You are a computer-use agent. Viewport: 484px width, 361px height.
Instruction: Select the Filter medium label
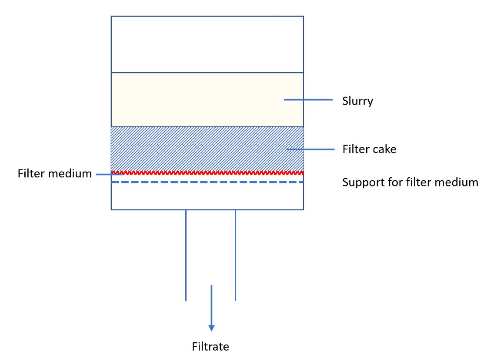[55, 174]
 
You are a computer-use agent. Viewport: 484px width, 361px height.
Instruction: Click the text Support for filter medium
[410, 182]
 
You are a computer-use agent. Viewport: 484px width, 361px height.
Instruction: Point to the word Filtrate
[210, 346]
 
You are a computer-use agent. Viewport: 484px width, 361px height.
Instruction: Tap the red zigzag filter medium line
[207, 172]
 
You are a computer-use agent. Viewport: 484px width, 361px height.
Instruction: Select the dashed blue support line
[207, 182]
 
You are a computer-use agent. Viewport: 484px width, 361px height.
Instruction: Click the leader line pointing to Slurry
[309, 100]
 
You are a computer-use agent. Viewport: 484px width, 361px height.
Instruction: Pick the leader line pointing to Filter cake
[309, 149]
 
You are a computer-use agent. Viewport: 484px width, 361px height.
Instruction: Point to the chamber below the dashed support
[207, 196]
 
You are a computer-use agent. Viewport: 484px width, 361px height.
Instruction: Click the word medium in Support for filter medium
[460, 182]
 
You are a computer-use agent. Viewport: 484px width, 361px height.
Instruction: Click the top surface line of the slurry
[207, 73]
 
